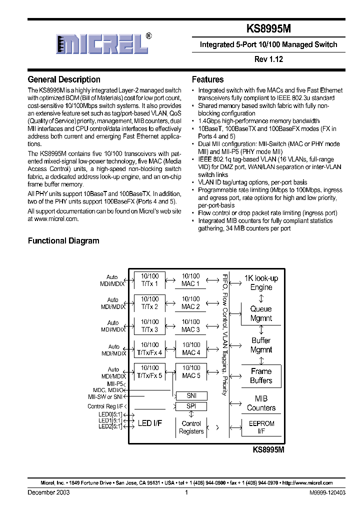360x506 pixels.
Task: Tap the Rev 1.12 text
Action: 268,59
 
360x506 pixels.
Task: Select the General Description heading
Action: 64,79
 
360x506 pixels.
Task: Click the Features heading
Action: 207,79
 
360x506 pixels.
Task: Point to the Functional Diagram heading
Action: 63,240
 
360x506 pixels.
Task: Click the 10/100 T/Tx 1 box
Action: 149,280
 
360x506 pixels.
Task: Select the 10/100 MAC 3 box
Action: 190,326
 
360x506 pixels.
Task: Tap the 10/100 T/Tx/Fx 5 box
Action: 149,372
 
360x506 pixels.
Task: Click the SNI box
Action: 191,395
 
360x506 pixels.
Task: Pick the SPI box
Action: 191,406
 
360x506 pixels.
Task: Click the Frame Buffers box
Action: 261,376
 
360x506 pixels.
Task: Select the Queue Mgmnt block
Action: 261,313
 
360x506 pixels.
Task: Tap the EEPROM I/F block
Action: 261,427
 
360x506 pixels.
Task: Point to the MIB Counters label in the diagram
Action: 261,403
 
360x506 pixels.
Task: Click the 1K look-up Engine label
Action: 261,282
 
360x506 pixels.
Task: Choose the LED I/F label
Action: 149,424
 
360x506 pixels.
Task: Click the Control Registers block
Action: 191,427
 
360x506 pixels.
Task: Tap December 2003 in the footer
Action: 48,492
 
